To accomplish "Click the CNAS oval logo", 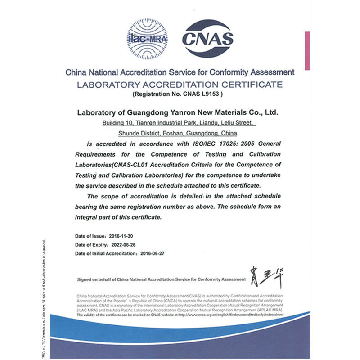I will [x=207, y=39].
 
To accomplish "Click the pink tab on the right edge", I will [x=307, y=50].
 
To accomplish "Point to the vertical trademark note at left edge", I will [x=44, y=299].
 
